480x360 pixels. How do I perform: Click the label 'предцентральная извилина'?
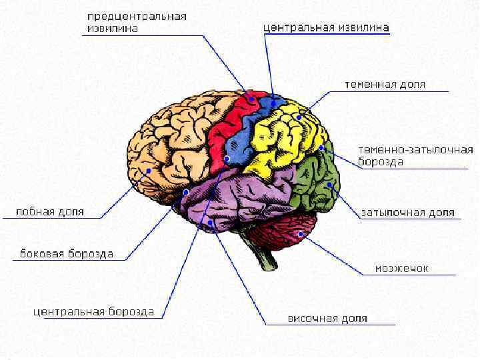[137, 22]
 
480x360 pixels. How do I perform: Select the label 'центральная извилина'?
[326, 28]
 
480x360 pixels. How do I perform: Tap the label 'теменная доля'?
[385, 85]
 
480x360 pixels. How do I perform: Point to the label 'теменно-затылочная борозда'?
[415, 155]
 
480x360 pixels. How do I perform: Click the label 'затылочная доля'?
[408, 213]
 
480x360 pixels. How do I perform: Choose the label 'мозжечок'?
[401, 269]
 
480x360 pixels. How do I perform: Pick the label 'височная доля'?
[327, 319]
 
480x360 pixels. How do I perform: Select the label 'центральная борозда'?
[94, 312]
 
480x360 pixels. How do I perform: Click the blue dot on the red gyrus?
[251, 99]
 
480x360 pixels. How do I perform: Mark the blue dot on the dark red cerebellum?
[301, 235]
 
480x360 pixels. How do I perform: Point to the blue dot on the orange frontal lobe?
[148, 171]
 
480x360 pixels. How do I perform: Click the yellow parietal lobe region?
[280, 140]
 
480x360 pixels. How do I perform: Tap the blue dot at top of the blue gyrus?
[273, 103]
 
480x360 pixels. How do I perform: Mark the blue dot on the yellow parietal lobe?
[299, 117]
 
